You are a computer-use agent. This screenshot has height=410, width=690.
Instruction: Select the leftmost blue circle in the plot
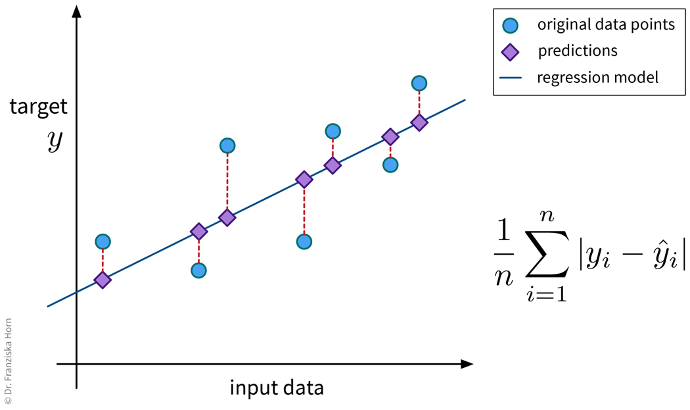pos(103,242)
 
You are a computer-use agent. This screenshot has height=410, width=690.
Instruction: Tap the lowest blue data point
pos(198,270)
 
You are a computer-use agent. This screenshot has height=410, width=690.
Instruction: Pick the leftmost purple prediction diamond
pos(103,280)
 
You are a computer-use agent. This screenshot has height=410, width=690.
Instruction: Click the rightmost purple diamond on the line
pos(419,122)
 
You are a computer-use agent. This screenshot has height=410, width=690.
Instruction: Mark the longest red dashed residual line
pos(227,181)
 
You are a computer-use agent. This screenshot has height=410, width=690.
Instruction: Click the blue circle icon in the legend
pos(510,25)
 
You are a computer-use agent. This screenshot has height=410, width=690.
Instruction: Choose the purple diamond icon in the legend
pos(510,51)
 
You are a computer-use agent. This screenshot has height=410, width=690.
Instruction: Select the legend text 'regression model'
pos(597,77)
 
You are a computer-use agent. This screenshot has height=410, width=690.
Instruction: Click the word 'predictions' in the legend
pos(578,51)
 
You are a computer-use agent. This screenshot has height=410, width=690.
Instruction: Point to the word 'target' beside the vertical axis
pos(38,107)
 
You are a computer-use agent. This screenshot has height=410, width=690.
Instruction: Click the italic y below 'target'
pos(55,141)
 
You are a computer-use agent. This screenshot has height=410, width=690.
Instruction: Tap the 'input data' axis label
pos(277,387)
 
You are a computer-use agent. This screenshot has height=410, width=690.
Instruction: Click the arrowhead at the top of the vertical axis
pos(77,11)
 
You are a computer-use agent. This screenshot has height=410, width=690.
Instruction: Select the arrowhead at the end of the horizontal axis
pos(467,363)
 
